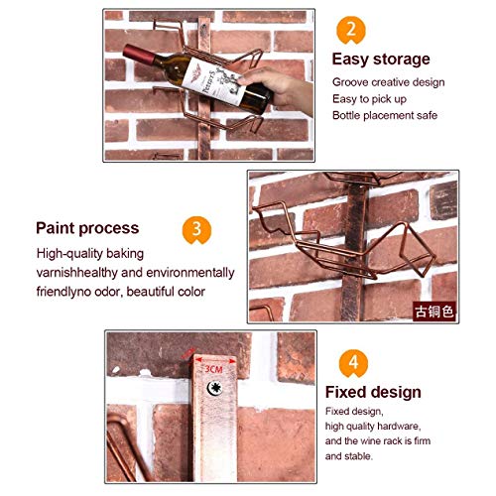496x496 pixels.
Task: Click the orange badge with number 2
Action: (351, 30)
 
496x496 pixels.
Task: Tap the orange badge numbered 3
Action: (196, 230)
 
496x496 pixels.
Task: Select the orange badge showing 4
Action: (353, 363)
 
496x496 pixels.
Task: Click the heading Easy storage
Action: (381, 60)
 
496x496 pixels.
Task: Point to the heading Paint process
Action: (87, 228)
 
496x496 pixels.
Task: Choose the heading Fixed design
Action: (373, 392)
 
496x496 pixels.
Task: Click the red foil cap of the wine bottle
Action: (139, 55)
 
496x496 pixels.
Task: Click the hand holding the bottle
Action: (277, 89)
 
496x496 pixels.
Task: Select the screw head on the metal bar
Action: (215, 388)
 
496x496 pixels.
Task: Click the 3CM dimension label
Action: (213, 369)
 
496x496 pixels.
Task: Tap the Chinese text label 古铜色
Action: (434, 311)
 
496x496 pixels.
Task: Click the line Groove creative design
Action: (389, 82)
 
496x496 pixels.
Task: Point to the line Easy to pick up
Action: (369, 99)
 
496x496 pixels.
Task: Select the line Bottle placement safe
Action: (385, 115)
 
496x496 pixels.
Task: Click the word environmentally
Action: (190, 273)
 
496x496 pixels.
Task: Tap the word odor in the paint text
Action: (108, 292)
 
